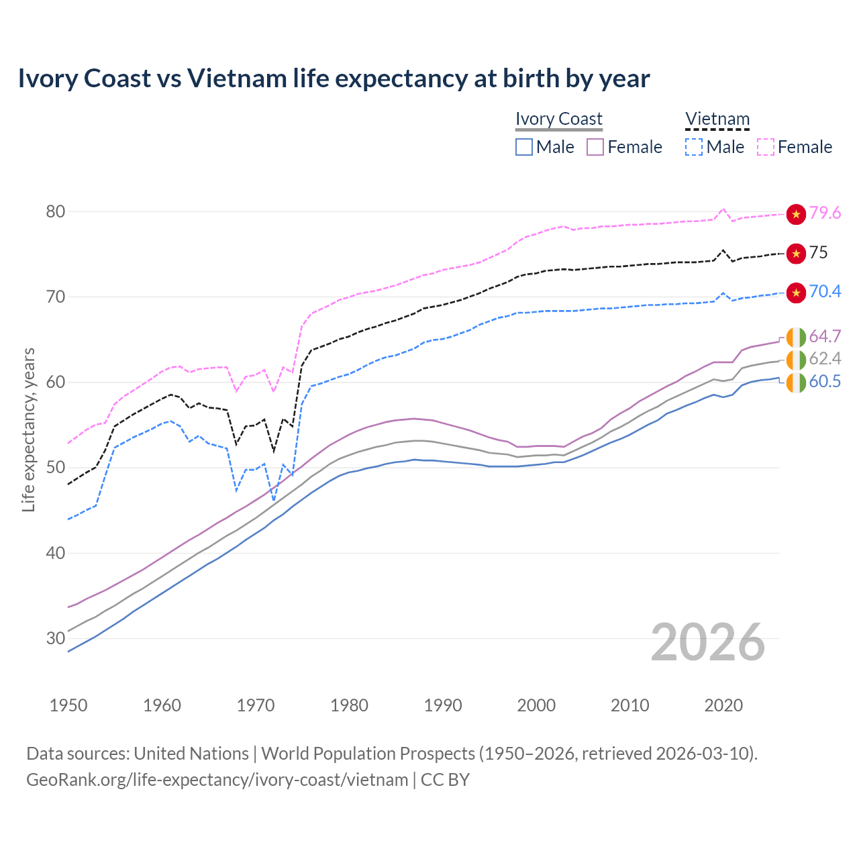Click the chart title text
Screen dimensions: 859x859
coord(334,79)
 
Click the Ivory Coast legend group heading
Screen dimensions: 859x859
coord(558,119)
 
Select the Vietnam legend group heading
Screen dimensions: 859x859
coord(717,119)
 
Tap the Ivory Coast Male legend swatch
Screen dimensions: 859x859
coord(524,147)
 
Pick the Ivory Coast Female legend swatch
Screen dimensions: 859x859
coord(595,147)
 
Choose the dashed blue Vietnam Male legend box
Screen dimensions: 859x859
coord(694,147)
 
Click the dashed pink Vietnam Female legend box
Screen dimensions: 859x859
coord(766,147)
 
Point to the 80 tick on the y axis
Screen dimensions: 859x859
coord(56,211)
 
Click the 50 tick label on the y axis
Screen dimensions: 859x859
coord(56,468)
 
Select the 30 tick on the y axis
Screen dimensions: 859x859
coord(56,638)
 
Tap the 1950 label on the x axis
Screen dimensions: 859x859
coord(68,705)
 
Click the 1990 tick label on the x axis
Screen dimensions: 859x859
coord(443,705)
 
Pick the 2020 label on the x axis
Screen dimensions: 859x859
coord(723,705)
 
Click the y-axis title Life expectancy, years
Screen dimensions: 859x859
coord(28,429)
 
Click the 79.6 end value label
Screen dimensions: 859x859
coord(825,213)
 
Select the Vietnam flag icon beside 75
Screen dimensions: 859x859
coord(796,254)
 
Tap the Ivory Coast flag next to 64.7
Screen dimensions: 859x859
coord(796,337)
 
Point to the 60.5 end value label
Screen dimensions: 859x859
coord(825,382)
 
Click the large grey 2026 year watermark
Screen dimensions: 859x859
coord(707,642)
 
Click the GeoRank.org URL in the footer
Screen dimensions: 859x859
coord(217,780)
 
